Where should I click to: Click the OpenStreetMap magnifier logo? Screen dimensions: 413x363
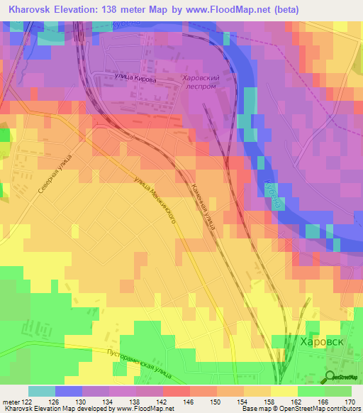(331, 378)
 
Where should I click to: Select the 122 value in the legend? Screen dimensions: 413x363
(26, 402)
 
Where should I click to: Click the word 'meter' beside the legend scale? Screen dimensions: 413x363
(11, 402)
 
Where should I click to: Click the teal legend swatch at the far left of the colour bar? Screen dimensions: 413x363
(41, 391)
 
